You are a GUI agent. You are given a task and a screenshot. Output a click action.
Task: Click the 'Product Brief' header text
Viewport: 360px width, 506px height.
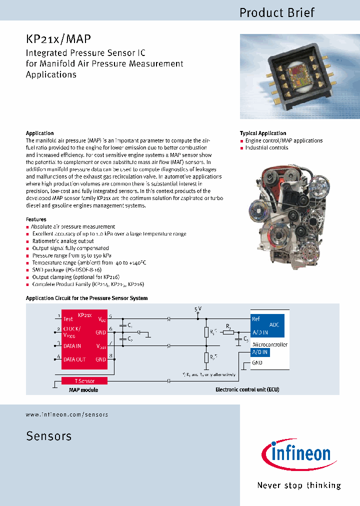[277, 12]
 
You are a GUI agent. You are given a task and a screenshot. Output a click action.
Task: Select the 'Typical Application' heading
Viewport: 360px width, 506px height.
[263, 133]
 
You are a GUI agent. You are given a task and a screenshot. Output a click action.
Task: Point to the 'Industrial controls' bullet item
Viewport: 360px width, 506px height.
[266, 148]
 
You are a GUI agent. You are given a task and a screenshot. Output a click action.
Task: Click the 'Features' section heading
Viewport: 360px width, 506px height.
[36, 219]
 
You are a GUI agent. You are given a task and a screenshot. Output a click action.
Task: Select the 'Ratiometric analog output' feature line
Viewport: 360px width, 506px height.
[62, 241]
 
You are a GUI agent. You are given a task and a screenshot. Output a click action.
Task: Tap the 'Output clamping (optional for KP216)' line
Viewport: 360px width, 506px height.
[76, 277]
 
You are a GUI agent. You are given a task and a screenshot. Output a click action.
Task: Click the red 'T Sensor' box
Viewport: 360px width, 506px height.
[84, 381]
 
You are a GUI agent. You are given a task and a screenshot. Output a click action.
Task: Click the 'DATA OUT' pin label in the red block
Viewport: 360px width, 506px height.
[74, 359]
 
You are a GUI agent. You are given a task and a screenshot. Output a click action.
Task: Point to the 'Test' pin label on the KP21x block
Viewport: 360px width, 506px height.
[68, 318]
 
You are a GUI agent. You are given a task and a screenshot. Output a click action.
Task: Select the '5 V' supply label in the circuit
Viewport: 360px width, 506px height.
[198, 309]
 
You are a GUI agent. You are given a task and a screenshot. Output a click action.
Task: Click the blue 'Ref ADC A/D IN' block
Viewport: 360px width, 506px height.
[267, 325]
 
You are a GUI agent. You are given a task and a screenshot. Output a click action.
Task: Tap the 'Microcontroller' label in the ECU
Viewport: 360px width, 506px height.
[270, 345]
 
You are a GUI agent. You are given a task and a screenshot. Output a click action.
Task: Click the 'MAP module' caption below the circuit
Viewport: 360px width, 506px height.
[83, 390]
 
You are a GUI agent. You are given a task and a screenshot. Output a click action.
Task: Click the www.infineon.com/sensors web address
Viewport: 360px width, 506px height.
[66, 414]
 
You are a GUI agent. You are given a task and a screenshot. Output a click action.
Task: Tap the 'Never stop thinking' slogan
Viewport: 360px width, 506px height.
[298, 485]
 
